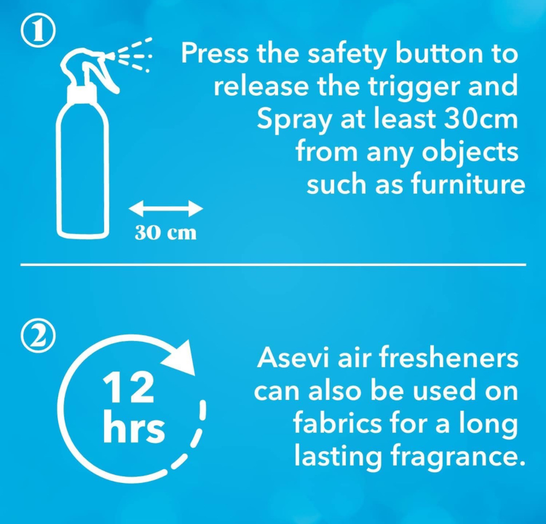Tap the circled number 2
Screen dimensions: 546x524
pos(38,336)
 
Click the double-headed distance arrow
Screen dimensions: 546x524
pos(166,209)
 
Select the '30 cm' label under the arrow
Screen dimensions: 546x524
pos(166,232)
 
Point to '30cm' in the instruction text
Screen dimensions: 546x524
pos(481,119)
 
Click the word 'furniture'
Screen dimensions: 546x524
pos(468,184)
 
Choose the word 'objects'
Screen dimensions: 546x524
pos(470,153)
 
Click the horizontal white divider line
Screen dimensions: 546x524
pos(273,265)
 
